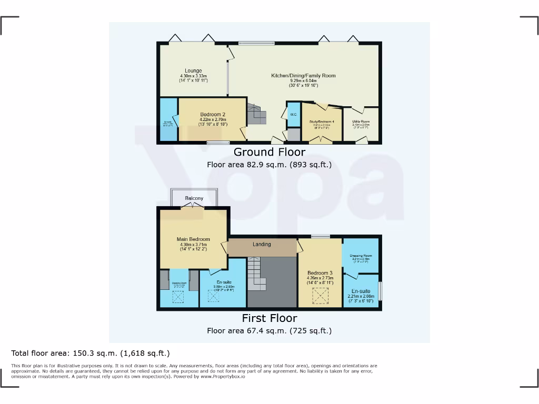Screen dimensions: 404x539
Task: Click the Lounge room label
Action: [193, 70]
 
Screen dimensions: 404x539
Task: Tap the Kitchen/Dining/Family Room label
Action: [303, 76]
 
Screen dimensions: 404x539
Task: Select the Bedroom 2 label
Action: [213, 115]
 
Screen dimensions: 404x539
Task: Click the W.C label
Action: [293, 114]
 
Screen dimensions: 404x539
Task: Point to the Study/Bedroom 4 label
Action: [322, 122]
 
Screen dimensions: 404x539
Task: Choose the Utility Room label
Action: [361, 122]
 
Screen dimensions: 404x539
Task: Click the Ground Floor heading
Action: [269, 152]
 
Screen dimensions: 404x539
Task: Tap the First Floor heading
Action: [269, 318]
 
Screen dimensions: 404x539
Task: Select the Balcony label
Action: [194, 198]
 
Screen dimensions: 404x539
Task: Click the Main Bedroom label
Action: [193, 239]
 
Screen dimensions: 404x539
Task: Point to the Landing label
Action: [262, 244]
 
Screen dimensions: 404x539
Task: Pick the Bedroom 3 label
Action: [320, 273]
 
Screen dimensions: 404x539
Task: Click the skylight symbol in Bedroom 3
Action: [320, 296]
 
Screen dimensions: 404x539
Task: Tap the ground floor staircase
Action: [257, 113]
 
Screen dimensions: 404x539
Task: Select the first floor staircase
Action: [256, 274]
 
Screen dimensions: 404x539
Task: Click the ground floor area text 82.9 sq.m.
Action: [269, 165]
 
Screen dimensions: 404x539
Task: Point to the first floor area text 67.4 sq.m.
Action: [269, 331]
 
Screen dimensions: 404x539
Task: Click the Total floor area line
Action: [91, 353]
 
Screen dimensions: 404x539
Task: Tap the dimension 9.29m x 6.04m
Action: [303, 81]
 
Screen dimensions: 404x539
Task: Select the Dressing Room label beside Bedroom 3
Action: [361, 256]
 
